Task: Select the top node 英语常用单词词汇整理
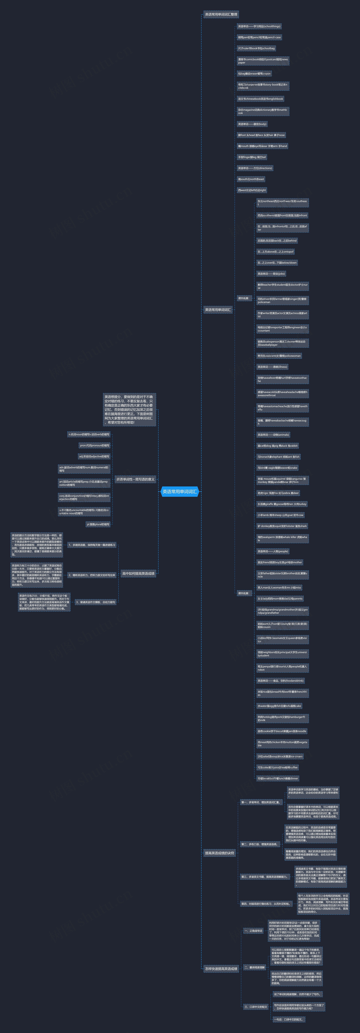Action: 221,14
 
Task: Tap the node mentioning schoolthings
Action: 259,26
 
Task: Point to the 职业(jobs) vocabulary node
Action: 271,274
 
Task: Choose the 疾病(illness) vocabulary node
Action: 273,367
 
